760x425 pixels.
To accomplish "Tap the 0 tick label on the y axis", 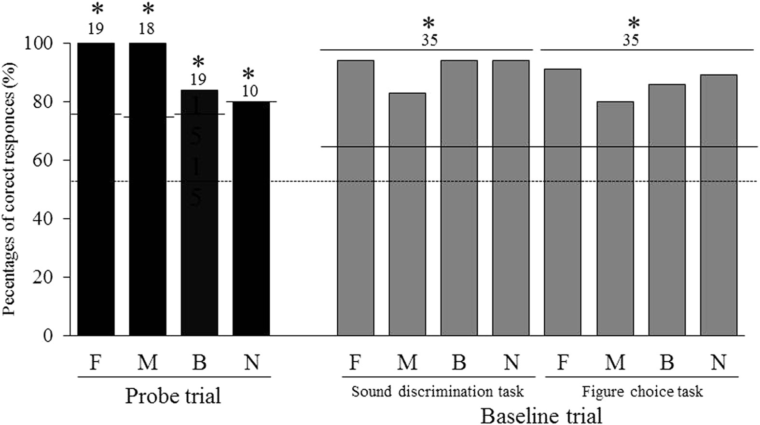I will click(x=47, y=336).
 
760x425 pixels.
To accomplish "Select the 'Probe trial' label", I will click(x=173, y=396).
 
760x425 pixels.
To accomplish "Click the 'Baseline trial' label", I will click(x=541, y=415).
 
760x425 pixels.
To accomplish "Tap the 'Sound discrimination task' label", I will click(x=437, y=391).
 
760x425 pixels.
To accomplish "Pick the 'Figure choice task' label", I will click(x=642, y=391).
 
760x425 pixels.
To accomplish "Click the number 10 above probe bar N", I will click(x=249, y=91).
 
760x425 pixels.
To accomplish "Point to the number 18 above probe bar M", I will click(x=147, y=28).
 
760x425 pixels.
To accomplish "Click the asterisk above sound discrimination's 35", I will click(x=428, y=23).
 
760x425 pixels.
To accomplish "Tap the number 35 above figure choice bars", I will click(x=631, y=40).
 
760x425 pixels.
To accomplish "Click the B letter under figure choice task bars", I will click(x=666, y=362).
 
